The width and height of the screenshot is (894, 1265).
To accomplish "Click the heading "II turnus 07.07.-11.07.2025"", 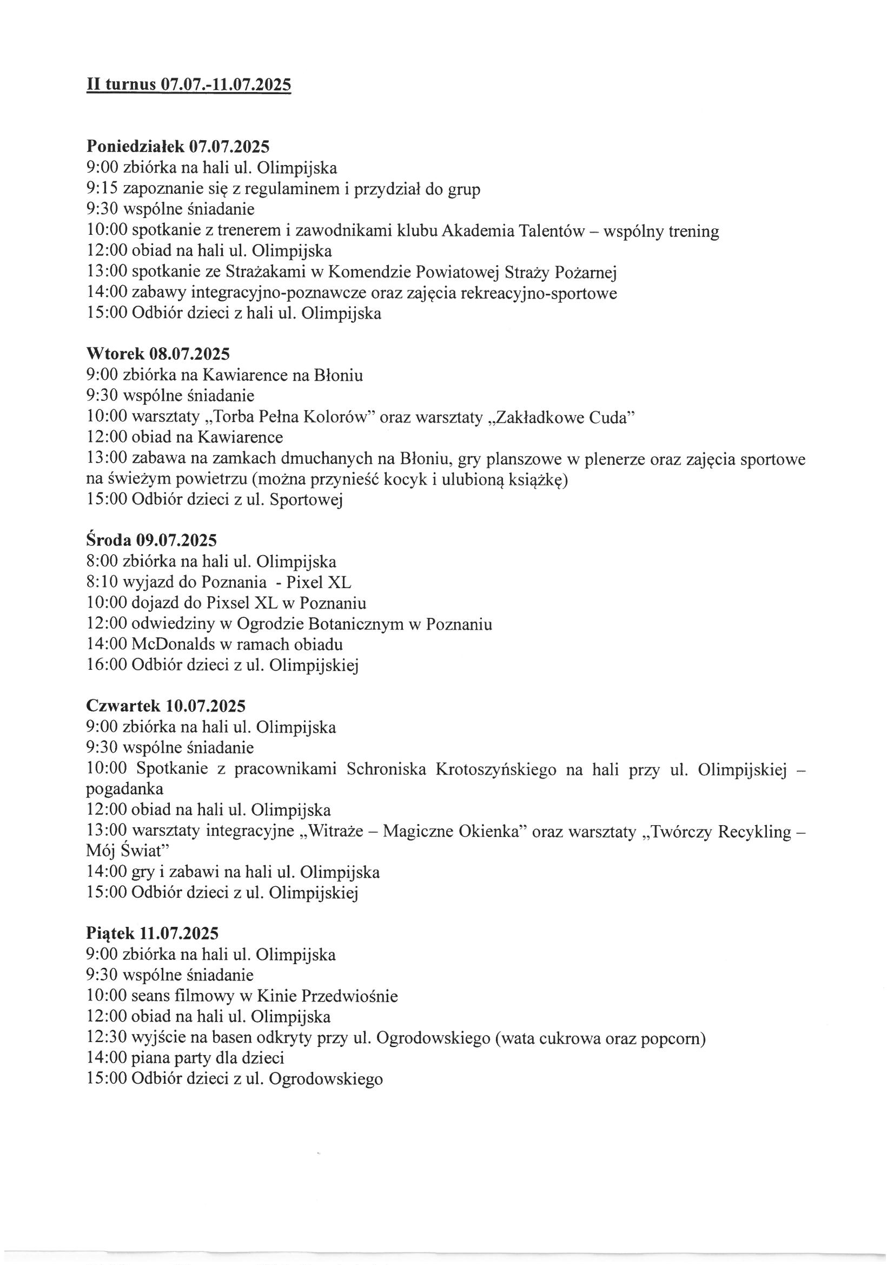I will coord(188,85).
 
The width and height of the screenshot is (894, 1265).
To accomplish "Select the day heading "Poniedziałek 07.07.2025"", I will coord(178,147).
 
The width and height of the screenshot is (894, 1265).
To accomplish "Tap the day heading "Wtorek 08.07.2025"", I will coord(158,354).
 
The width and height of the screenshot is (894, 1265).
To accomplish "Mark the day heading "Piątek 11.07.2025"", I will coord(153,933).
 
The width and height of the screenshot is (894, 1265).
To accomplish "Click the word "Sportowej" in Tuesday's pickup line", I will coord(306,500).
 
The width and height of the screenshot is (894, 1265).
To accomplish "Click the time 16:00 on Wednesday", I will coord(107,666).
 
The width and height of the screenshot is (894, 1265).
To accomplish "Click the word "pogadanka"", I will coord(125,789).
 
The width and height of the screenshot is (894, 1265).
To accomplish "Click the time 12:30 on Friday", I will coord(107,1038).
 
